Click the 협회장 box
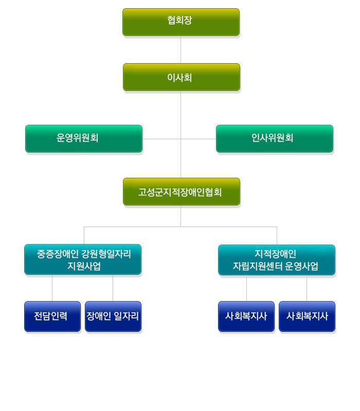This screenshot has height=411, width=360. tap(181, 22)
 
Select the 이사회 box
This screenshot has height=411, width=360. tap(181, 77)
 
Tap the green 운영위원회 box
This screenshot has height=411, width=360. tap(83, 138)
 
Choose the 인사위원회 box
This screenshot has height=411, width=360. tap(274, 138)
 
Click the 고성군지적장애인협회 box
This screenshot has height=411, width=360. tap(181, 192)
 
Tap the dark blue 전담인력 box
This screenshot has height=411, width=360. tap(52, 316)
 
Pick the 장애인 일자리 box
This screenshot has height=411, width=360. tap(113, 316)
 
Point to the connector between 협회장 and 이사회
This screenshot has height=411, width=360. tap(181, 49)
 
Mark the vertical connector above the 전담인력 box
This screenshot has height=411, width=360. tap(52, 288)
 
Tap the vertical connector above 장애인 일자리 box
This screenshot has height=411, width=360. tap(113, 288)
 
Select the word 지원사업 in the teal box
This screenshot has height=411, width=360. tap(83, 266)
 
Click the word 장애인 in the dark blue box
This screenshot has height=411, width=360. tap(98, 316)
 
